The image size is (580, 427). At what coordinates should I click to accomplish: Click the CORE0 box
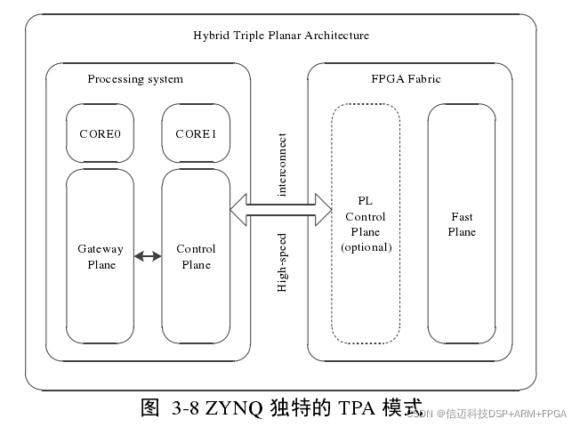pos(101,134)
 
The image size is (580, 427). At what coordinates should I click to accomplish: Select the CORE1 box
pos(196,134)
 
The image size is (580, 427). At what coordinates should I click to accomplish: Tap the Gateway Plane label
pos(101,256)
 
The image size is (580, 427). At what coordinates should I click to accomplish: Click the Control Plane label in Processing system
pos(196,256)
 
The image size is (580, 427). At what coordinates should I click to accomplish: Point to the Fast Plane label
pos(462,224)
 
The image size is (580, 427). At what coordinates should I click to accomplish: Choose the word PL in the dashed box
pos(366,202)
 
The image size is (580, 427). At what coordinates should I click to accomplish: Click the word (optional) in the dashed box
pos(366,247)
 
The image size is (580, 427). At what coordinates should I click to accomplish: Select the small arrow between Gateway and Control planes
pos(148,256)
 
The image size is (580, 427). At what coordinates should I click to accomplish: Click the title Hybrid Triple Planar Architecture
pos(281,36)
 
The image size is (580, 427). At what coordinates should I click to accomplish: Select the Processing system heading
pos(135,79)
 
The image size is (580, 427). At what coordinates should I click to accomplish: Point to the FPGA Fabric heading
pos(406,79)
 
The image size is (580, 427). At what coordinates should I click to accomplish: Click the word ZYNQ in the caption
pos(234,409)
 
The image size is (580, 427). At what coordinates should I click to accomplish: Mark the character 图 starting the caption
pos(149,409)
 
